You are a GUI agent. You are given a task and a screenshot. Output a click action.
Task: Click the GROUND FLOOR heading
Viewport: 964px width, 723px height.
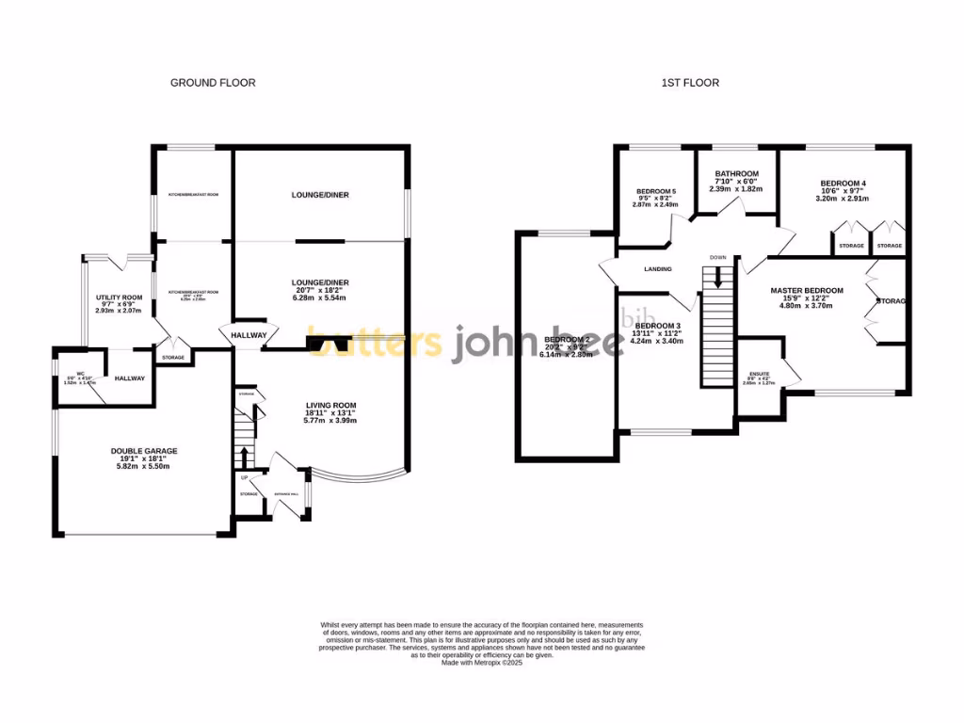[x=212, y=83]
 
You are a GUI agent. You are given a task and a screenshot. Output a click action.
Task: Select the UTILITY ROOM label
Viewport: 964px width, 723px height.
[x=119, y=297]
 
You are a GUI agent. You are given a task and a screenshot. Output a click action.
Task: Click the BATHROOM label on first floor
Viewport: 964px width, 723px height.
[x=736, y=174]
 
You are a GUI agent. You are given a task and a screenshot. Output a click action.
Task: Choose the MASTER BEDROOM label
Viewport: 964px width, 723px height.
[x=806, y=291]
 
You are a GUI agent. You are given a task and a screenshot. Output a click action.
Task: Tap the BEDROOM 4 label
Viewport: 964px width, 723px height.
[x=843, y=184]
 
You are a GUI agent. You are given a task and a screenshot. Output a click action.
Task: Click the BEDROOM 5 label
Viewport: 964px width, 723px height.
[x=655, y=192]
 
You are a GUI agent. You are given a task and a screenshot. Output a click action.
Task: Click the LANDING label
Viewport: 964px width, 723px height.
[x=658, y=269]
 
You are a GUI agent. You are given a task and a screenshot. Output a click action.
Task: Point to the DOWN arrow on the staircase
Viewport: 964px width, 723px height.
[x=718, y=278]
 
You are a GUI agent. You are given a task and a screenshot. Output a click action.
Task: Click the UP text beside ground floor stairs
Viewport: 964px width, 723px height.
[x=245, y=477]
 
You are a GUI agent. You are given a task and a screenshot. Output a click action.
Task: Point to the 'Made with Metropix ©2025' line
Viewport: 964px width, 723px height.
[x=481, y=663]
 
